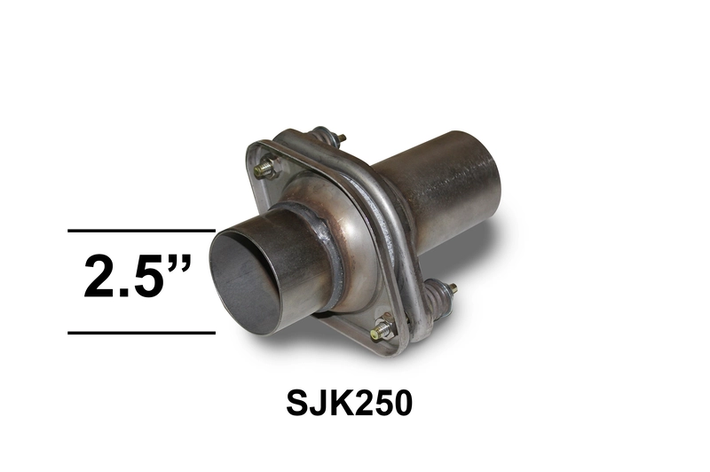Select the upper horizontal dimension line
point(141,231)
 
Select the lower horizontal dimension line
point(141,333)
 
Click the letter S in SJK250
point(296,403)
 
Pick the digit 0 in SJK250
point(402,403)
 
